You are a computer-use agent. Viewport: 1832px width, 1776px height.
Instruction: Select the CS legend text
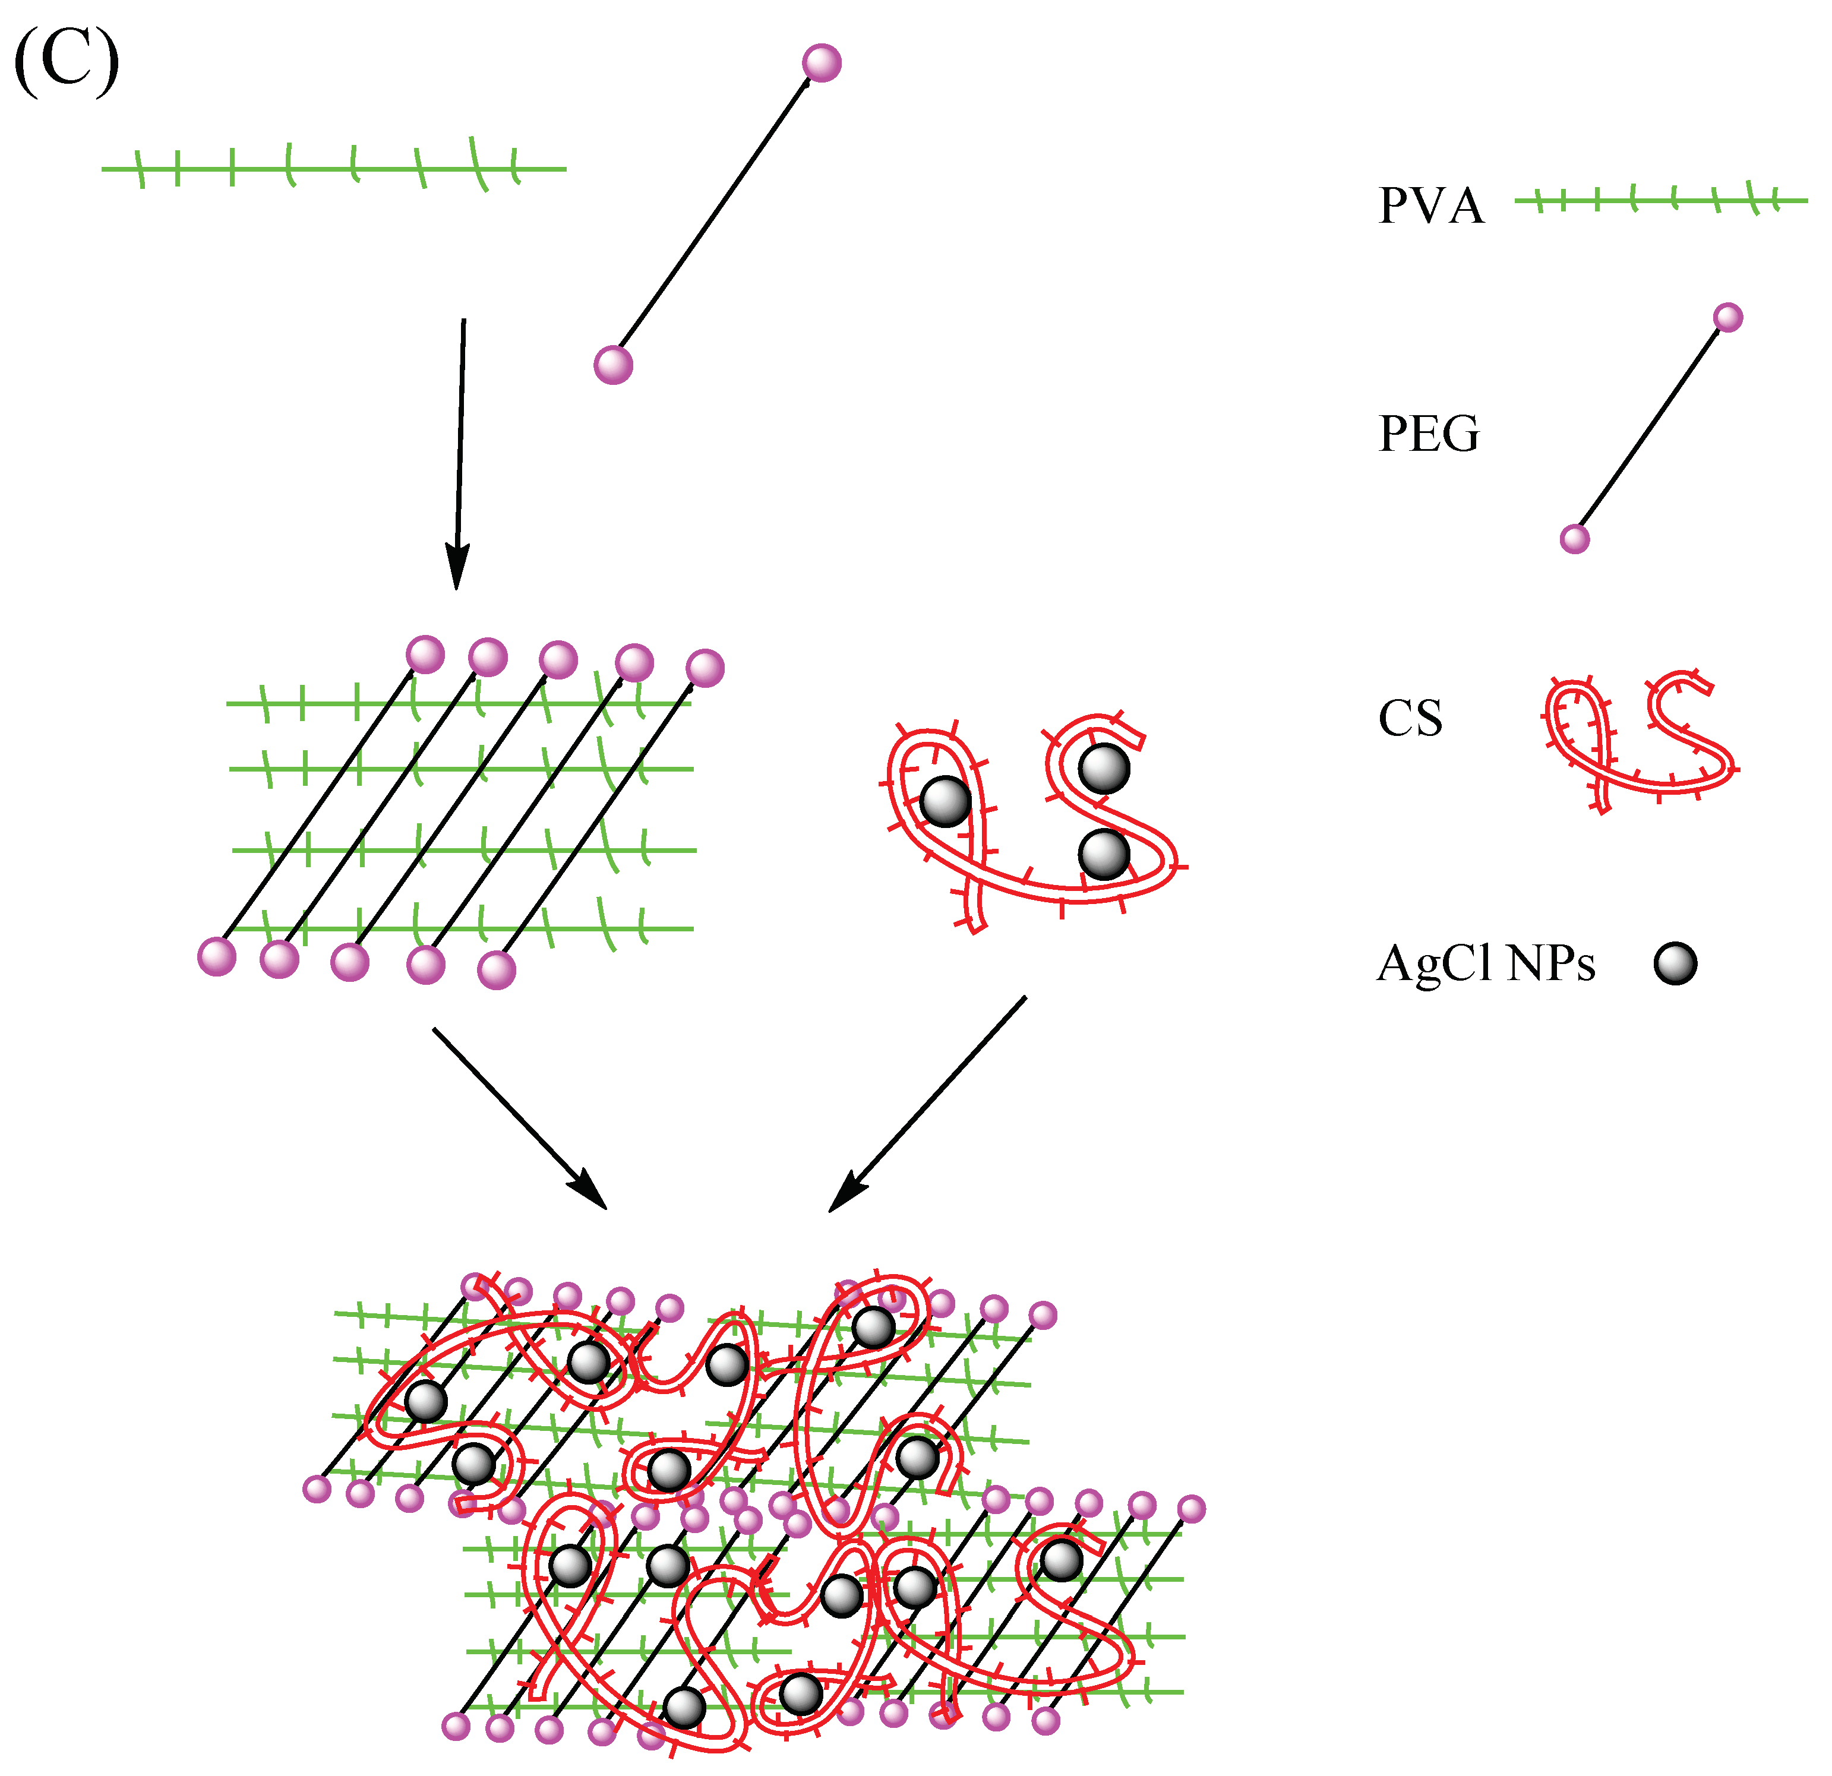(1410, 718)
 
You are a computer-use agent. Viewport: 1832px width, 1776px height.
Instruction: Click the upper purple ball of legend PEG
(1728, 318)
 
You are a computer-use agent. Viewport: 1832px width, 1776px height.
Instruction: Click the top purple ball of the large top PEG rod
(822, 62)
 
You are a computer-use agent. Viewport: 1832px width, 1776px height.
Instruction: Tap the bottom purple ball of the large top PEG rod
(613, 365)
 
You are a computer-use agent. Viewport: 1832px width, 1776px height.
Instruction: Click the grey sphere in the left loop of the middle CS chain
(945, 801)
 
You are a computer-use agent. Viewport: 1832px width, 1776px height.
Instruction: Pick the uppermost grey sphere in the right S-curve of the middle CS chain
(1104, 769)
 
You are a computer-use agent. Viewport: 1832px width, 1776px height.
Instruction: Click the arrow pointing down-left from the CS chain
(927, 1103)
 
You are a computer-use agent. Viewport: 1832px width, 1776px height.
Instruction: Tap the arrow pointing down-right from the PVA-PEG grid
(520, 1117)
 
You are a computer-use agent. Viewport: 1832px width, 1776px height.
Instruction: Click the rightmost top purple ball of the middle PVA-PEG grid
(705, 668)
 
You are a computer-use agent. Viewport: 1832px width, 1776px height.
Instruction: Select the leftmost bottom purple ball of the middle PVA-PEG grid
(217, 956)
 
